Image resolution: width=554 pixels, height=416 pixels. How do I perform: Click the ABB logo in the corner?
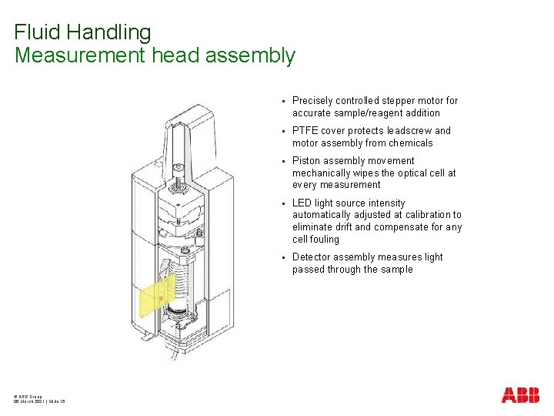click(x=520, y=396)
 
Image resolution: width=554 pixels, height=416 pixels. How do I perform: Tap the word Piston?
click(x=306, y=161)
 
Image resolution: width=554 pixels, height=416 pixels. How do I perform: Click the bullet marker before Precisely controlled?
click(x=283, y=101)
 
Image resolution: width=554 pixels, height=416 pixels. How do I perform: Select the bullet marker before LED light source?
click(x=283, y=203)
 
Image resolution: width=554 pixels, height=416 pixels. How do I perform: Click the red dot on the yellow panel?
click(x=160, y=297)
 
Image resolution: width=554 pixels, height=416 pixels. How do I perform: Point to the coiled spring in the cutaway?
click(x=179, y=280)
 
